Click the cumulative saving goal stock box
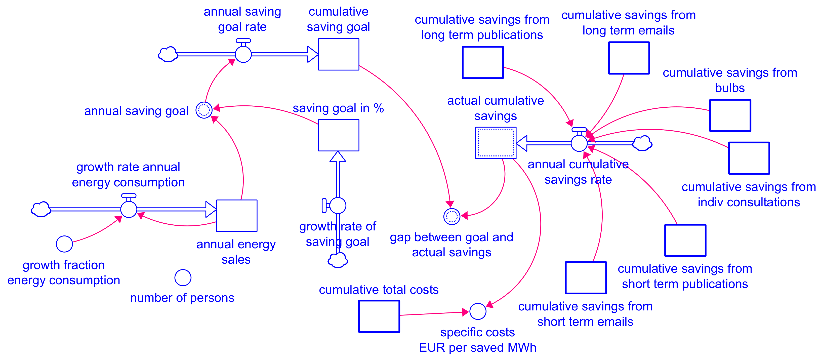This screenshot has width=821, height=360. [339, 54]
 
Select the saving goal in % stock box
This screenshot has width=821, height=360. [339, 135]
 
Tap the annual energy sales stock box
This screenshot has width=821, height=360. [236, 216]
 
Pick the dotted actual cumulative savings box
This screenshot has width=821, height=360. [496, 143]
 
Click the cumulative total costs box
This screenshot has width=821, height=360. [379, 316]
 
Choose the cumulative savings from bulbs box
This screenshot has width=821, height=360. [730, 115]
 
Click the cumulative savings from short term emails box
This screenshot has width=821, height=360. [586, 278]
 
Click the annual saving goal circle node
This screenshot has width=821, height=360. [204, 110]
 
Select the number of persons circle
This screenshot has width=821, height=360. [183, 278]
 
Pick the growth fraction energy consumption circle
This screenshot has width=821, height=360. [64, 244]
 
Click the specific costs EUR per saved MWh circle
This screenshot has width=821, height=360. [478, 311]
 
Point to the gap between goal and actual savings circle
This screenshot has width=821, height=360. [451, 217]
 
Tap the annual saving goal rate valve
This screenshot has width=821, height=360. [243, 54]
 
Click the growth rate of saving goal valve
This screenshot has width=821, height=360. [338, 205]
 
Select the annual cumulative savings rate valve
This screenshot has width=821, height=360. [579, 143]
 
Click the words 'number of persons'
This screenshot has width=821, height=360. [182, 298]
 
